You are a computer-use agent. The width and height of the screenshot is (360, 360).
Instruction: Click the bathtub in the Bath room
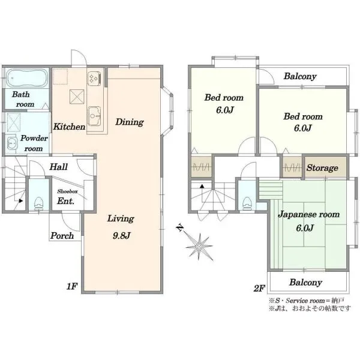(27, 78)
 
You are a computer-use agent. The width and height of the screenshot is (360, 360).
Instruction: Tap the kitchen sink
(94, 116)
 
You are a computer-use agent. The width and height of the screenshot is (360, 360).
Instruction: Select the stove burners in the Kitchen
(94, 79)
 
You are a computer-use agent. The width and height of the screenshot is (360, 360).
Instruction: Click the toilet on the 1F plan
(38, 203)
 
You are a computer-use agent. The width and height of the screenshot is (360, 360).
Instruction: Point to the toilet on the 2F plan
(247, 203)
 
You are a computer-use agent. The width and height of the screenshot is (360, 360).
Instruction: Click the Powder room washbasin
(11, 144)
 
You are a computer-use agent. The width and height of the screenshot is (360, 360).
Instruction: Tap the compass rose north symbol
(199, 246)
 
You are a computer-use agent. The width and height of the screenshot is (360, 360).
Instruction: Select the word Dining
(130, 122)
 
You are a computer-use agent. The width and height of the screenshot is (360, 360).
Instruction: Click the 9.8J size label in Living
(121, 235)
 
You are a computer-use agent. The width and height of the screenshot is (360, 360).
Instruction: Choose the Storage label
(322, 168)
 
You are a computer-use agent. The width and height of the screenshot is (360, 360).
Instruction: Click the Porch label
(62, 236)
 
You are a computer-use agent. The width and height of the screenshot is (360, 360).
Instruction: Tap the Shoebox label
(67, 191)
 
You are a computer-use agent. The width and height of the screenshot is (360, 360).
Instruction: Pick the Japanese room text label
(309, 214)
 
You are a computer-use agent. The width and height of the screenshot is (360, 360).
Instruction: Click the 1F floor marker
(72, 286)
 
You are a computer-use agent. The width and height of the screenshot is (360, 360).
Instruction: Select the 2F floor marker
(259, 288)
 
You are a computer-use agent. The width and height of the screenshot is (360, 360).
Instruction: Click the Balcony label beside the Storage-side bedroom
(300, 76)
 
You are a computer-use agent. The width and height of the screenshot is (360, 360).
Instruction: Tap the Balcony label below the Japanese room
(305, 283)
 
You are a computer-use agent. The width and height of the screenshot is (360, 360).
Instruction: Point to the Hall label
(59, 167)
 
